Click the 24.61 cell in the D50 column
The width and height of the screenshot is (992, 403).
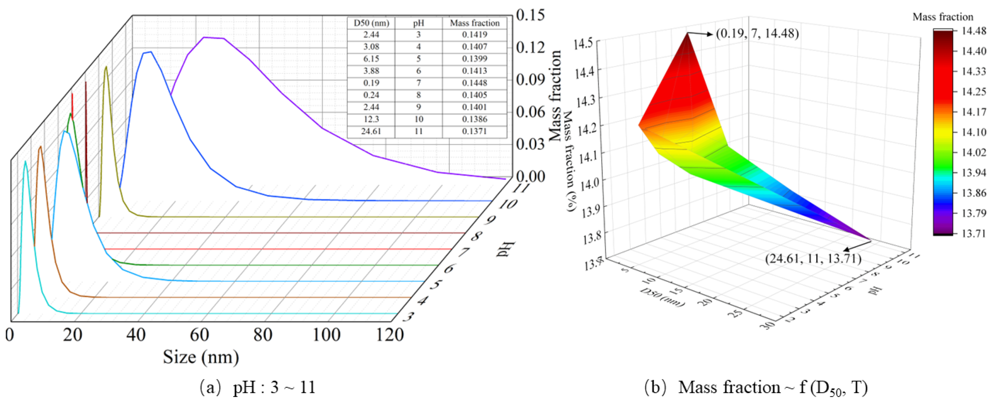click(371, 131)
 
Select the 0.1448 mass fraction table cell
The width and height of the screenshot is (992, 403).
click(475, 83)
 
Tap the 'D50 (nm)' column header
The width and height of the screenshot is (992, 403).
click(371, 23)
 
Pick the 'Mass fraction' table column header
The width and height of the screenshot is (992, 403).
click(475, 23)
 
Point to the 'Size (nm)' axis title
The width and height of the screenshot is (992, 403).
click(201, 357)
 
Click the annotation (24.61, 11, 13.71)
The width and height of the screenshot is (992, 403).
click(813, 258)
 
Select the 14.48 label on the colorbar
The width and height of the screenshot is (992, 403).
click(973, 31)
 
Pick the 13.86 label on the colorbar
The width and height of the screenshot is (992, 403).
click(973, 193)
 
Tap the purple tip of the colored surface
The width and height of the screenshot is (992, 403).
click(869, 239)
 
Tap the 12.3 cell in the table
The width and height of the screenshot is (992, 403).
click(371, 119)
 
